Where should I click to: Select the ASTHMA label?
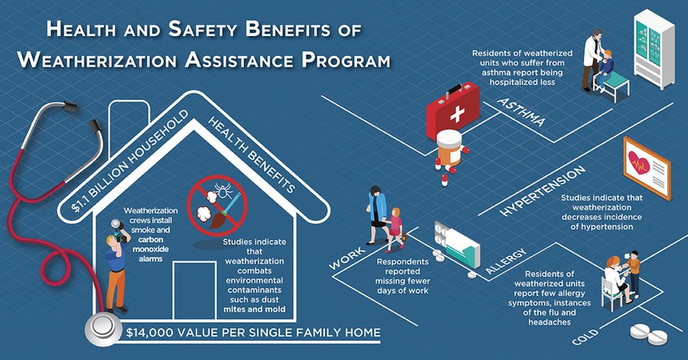[521, 113]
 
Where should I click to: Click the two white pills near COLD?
[647, 333]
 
